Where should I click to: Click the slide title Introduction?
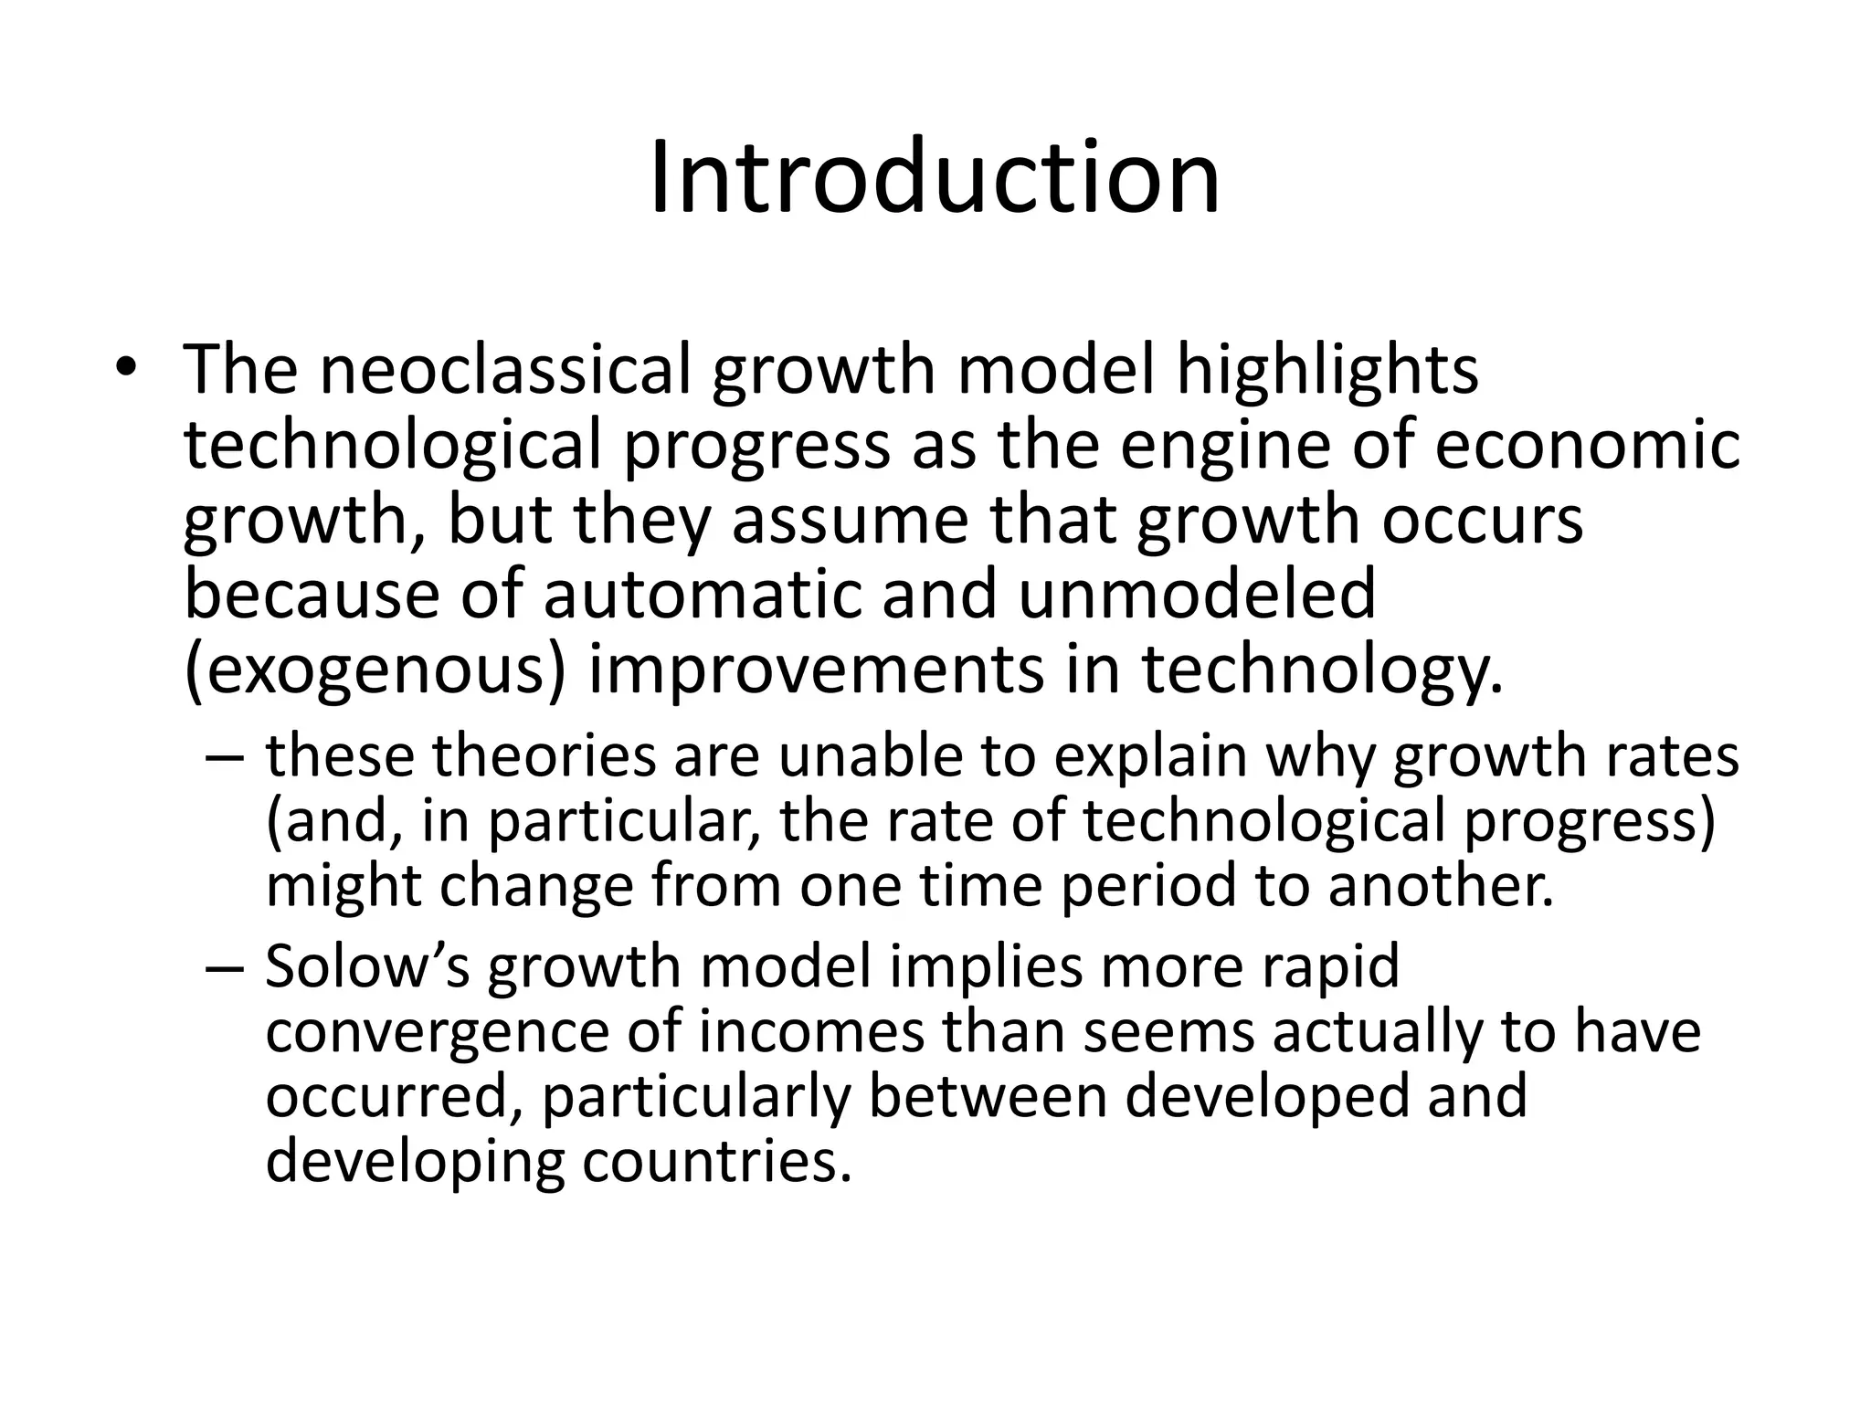point(935,177)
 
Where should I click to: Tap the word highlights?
point(1326,371)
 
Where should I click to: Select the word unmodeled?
point(1196,594)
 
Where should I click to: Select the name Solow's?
point(367,966)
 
